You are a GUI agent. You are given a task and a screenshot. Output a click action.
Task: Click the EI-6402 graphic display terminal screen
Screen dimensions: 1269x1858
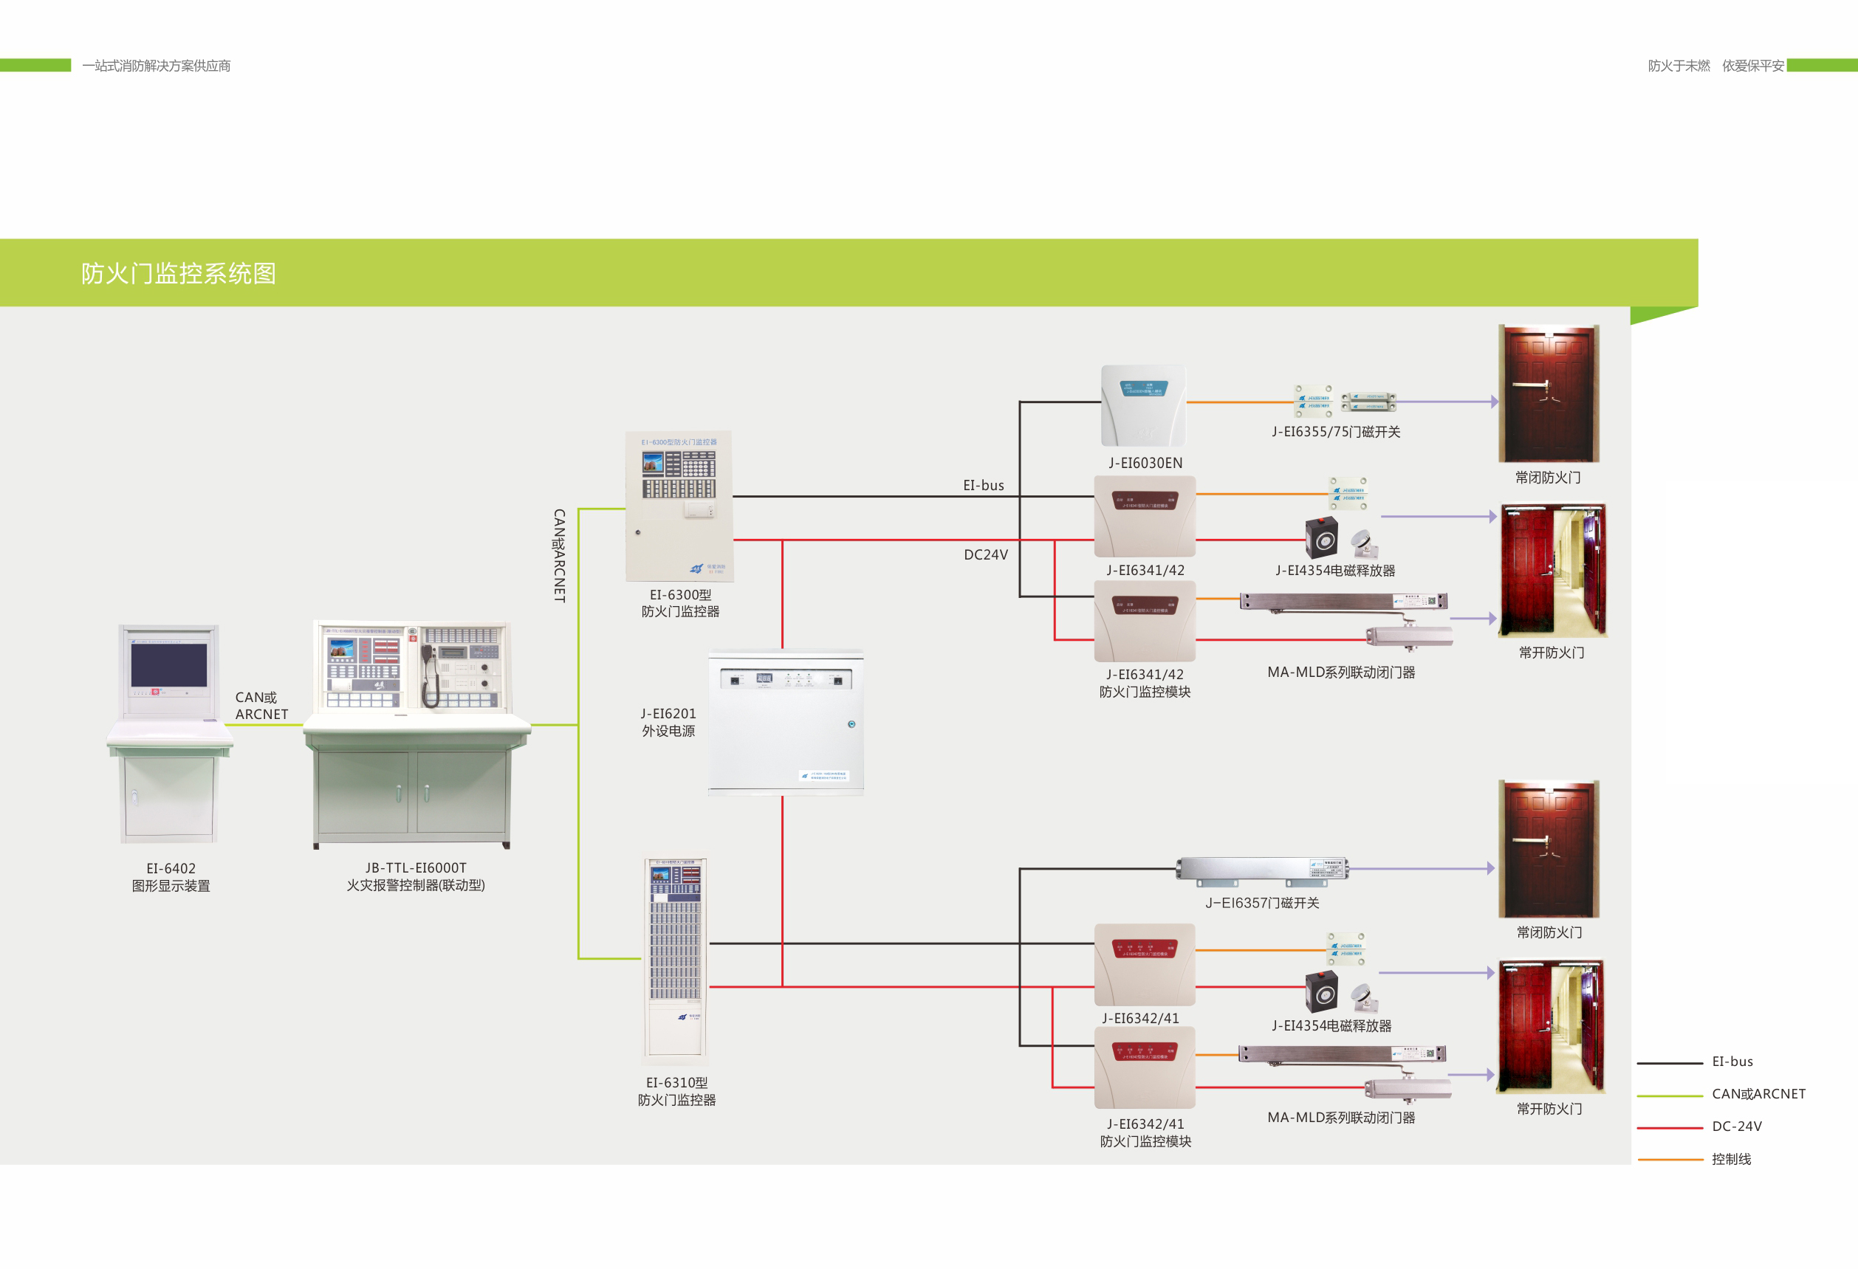(168, 665)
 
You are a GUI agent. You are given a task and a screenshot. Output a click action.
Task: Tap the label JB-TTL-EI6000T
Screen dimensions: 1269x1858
(416, 868)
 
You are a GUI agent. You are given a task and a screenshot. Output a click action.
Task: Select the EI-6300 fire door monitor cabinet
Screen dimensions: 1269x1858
(679, 506)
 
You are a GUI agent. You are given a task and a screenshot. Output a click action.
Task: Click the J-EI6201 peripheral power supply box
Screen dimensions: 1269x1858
(785, 723)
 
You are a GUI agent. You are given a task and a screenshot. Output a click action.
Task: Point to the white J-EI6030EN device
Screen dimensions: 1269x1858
(1142, 406)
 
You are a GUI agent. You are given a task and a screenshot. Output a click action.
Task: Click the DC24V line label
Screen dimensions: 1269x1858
(985, 554)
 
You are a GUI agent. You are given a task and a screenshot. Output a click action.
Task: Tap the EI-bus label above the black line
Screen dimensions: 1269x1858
(983, 485)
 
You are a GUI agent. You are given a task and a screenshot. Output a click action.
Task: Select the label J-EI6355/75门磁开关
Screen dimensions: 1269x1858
(1335, 432)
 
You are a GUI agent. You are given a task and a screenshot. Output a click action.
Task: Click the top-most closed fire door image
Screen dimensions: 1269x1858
(1548, 393)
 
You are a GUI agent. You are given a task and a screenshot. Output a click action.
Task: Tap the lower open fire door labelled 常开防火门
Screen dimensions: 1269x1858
(1549, 1027)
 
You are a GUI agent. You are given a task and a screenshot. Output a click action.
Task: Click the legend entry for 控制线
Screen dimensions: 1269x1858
(1731, 1159)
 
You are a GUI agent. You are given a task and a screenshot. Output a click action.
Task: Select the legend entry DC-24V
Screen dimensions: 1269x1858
(1736, 1126)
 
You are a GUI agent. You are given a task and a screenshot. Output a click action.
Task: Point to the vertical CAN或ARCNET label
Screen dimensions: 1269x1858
(560, 555)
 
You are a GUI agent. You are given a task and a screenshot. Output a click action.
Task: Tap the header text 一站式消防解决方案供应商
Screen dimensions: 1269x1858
(156, 66)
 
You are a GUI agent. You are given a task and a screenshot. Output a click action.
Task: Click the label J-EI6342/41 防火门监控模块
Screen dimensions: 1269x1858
(1145, 1132)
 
